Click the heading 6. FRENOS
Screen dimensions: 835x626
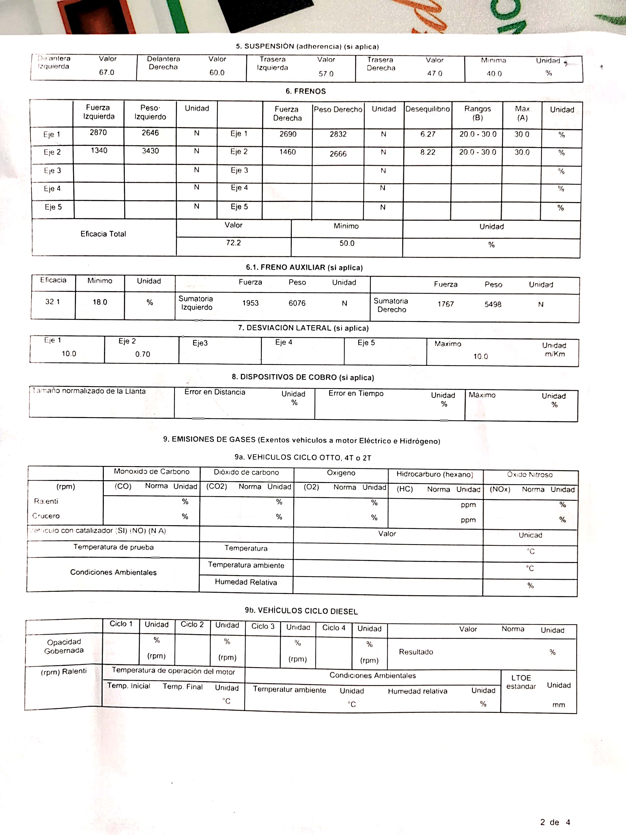tap(305, 91)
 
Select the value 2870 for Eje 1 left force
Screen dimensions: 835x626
tap(98, 133)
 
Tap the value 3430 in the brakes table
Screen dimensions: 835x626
tap(150, 151)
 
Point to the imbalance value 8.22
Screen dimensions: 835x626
tap(428, 152)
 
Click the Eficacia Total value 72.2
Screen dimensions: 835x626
tap(233, 243)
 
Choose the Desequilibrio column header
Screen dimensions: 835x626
tap(428, 109)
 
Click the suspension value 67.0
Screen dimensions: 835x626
tap(107, 72)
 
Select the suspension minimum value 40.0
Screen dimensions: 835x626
tap(494, 74)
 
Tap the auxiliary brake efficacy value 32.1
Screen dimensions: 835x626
tap(52, 302)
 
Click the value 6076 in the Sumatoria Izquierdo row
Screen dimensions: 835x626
tap(297, 303)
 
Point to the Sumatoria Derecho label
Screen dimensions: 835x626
tap(391, 305)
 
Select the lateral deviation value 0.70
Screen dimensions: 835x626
tap(143, 354)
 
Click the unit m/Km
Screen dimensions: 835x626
tap(555, 354)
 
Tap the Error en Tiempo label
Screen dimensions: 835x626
tap(356, 393)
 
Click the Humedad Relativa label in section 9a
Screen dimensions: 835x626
tap(246, 582)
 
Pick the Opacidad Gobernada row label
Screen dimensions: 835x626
tap(64, 646)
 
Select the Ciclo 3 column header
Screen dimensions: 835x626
tap(263, 626)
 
